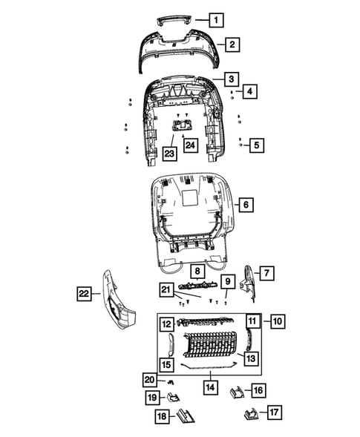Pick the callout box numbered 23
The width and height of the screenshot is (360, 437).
point(171,154)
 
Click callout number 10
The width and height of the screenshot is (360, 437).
point(276,321)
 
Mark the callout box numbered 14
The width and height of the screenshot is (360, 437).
point(211,387)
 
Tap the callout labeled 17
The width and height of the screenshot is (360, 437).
point(275,412)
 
